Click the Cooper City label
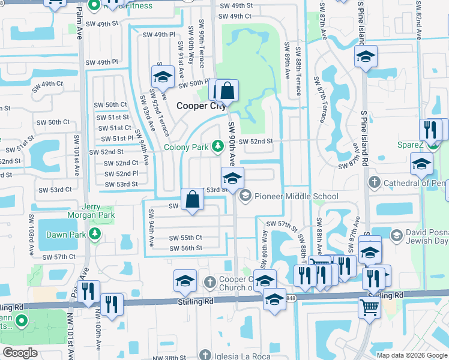[x=200, y=106]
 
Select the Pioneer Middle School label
[x=296, y=196]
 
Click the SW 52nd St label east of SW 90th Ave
[x=256, y=142]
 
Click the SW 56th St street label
[x=185, y=248]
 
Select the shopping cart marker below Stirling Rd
[x=369, y=307]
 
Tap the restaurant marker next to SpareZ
[x=430, y=129]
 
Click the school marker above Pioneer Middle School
[x=232, y=178]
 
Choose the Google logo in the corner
[x=20, y=353]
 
